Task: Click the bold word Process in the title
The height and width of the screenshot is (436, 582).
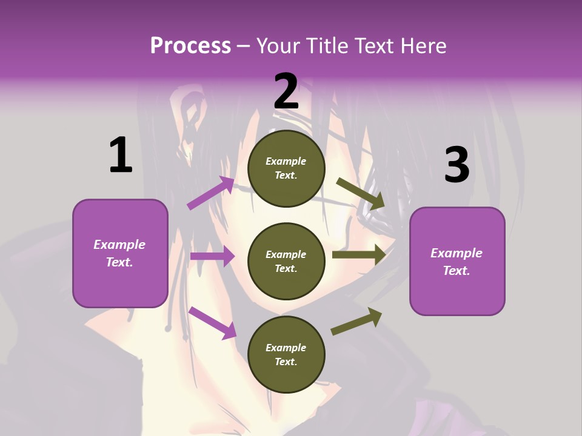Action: [x=190, y=46]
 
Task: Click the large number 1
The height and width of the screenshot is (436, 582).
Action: [x=121, y=155]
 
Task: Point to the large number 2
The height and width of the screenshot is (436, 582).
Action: [x=286, y=91]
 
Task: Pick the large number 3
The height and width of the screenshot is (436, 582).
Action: [x=457, y=165]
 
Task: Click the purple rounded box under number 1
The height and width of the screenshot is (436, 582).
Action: [x=120, y=253]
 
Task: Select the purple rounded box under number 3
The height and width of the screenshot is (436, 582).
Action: [x=457, y=261]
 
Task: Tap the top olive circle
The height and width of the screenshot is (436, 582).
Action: [x=286, y=168]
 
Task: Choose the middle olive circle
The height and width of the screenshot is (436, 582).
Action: [x=286, y=261]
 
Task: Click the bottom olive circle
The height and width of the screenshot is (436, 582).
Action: [x=286, y=354]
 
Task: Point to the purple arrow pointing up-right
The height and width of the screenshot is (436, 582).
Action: [x=211, y=193]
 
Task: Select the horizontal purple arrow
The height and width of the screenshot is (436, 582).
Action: [x=212, y=256]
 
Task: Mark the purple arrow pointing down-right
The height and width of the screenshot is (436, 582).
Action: [x=213, y=323]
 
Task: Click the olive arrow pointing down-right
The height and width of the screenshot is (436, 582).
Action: [x=360, y=194]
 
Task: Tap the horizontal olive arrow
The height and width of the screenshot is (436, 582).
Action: [x=359, y=254]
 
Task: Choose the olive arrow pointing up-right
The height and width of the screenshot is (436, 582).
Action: [x=356, y=322]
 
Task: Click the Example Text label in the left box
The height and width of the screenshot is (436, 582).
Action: [x=119, y=253]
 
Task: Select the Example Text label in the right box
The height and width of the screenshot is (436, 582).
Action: [x=457, y=262]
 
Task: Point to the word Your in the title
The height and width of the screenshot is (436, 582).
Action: [x=278, y=46]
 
